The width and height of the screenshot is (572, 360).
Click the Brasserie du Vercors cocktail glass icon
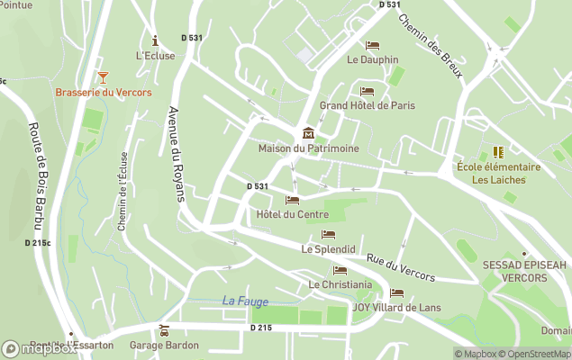click(x=103, y=77)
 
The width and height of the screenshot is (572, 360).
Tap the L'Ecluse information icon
click(x=155, y=40)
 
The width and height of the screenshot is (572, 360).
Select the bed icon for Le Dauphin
click(x=372, y=45)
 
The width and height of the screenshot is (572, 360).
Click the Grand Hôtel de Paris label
click(x=368, y=105)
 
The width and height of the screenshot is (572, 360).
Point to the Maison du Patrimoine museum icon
click(x=309, y=133)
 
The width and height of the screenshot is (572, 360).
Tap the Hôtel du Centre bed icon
click(x=292, y=200)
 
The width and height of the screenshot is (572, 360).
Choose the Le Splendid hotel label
click(x=328, y=248)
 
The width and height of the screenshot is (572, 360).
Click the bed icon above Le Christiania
click(x=340, y=270)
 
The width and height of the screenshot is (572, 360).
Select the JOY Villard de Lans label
click(x=396, y=308)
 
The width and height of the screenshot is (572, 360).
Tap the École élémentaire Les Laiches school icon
click(x=498, y=152)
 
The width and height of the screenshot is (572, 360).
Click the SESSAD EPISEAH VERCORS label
click(x=525, y=272)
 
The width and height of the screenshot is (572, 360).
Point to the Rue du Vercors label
click(x=400, y=266)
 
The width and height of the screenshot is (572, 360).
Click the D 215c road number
click(x=38, y=243)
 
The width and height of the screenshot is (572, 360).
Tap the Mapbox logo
click(x=38, y=347)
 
